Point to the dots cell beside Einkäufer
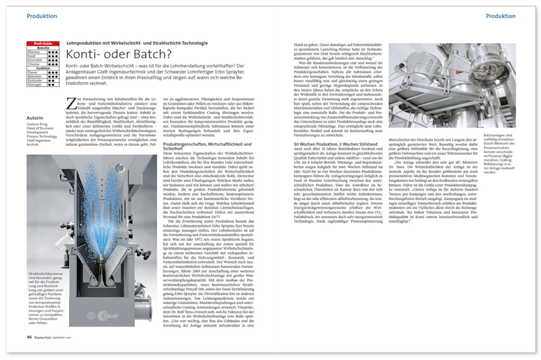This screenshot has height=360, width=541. click(53, 80)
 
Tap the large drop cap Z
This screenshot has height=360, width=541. click(71, 103)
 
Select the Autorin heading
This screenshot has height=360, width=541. click(35, 118)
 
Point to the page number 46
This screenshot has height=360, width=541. click(29, 337)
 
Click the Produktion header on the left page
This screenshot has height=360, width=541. click(42, 16)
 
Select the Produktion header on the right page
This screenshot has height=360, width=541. click(501, 16)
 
